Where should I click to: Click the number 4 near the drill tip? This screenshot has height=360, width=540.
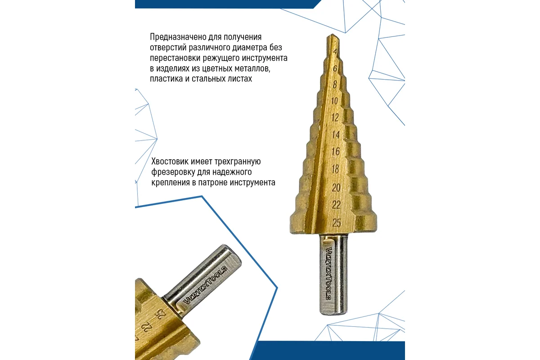point(335,52)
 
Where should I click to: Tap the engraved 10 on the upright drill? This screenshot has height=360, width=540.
point(335,101)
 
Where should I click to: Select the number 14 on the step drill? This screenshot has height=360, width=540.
point(336,135)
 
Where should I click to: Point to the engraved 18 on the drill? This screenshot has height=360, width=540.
point(335,169)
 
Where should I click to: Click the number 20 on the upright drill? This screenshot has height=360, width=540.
point(336,188)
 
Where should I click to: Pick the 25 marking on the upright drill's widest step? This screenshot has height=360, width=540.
point(337,223)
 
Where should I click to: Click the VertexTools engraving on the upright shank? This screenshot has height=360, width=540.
point(329,273)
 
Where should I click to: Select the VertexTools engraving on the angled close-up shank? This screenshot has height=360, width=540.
point(205,285)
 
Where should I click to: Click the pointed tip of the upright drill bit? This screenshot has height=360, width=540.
point(333,35)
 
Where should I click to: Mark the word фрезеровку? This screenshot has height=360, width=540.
point(173,172)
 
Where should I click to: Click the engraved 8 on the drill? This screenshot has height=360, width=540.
point(335,84)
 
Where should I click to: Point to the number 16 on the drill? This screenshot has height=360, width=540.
point(336,152)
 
